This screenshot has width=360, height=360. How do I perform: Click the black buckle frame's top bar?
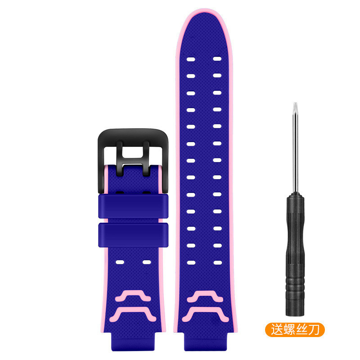[133, 137]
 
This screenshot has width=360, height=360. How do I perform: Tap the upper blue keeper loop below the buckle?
[133, 206]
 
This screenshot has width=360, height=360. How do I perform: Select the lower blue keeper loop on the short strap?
[133, 235]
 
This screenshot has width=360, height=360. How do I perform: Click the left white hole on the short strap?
[120, 262]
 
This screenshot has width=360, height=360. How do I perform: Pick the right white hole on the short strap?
[147, 262]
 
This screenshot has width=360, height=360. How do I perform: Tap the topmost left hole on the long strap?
[191, 59]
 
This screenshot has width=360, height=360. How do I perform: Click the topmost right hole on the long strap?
[217, 59]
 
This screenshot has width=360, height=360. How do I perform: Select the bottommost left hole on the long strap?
[191, 263]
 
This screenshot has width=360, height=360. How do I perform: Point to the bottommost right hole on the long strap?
[218, 262]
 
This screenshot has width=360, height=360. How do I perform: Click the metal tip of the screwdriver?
[295, 107]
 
